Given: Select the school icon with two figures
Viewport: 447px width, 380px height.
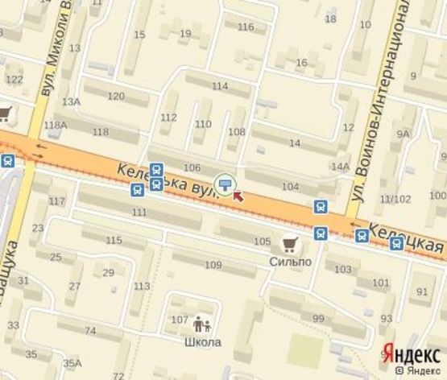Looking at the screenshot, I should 201,324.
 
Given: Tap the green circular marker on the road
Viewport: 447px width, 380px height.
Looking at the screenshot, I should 225,184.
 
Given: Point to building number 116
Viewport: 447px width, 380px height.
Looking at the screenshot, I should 246,27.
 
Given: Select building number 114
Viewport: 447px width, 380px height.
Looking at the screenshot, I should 219,85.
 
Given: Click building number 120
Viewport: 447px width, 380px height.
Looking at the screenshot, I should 116,96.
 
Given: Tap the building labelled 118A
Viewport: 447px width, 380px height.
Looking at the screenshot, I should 56,125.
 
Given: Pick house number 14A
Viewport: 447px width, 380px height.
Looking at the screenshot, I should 340,167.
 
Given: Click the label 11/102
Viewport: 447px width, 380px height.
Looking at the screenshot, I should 395,199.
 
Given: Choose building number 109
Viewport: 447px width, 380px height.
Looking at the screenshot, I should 213,265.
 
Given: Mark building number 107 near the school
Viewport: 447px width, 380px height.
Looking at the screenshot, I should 179,320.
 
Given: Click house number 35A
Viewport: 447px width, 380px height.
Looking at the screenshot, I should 72,362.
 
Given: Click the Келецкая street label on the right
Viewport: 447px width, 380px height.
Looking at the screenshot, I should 408,235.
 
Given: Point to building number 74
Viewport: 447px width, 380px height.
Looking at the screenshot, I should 89,331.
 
